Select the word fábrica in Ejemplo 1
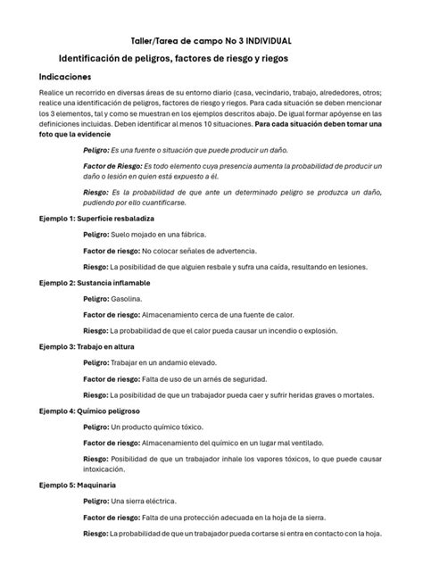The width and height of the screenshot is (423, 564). click(203, 235)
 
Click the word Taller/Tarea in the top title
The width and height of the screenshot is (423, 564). click(157, 41)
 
